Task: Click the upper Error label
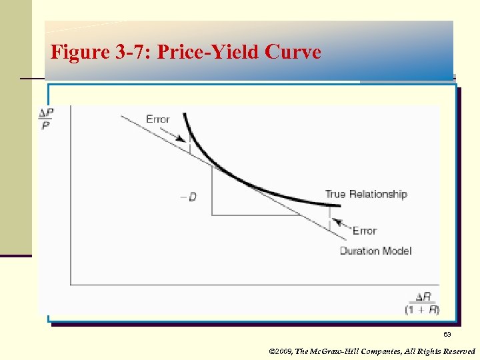click(x=158, y=119)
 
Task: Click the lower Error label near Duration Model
click(x=365, y=231)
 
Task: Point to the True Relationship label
click(x=366, y=194)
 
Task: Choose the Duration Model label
click(x=375, y=251)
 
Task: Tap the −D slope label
click(x=189, y=197)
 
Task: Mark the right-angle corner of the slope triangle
click(x=212, y=215)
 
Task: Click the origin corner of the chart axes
click(x=71, y=285)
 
